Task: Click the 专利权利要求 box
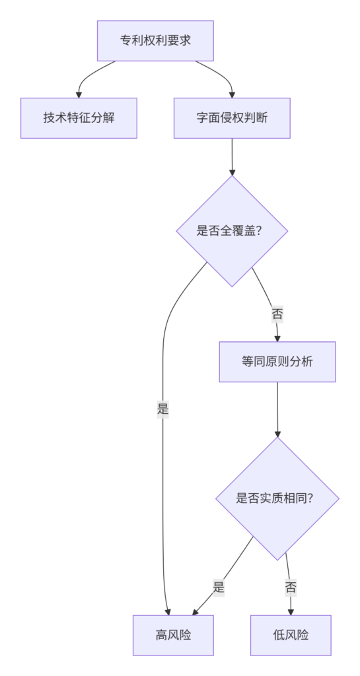coord(155,40)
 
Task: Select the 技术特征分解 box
coord(79,118)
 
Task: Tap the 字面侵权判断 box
coord(232,118)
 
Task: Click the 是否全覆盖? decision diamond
coord(232,231)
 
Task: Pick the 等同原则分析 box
coord(277,362)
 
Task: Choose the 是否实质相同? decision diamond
coord(277,499)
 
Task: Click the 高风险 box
coord(173,635)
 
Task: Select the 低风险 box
coord(291,635)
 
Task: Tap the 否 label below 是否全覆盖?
coord(277,314)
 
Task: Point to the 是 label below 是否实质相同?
coord(219,587)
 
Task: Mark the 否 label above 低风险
coord(291,587)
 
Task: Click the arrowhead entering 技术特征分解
coord(79,94)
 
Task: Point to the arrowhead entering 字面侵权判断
coord(232,94)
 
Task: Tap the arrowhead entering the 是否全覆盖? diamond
coord(232,172)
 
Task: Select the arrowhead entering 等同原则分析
coord(277,339)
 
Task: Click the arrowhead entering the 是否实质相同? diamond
coord(277,434)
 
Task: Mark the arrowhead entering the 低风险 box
coord(291,612)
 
